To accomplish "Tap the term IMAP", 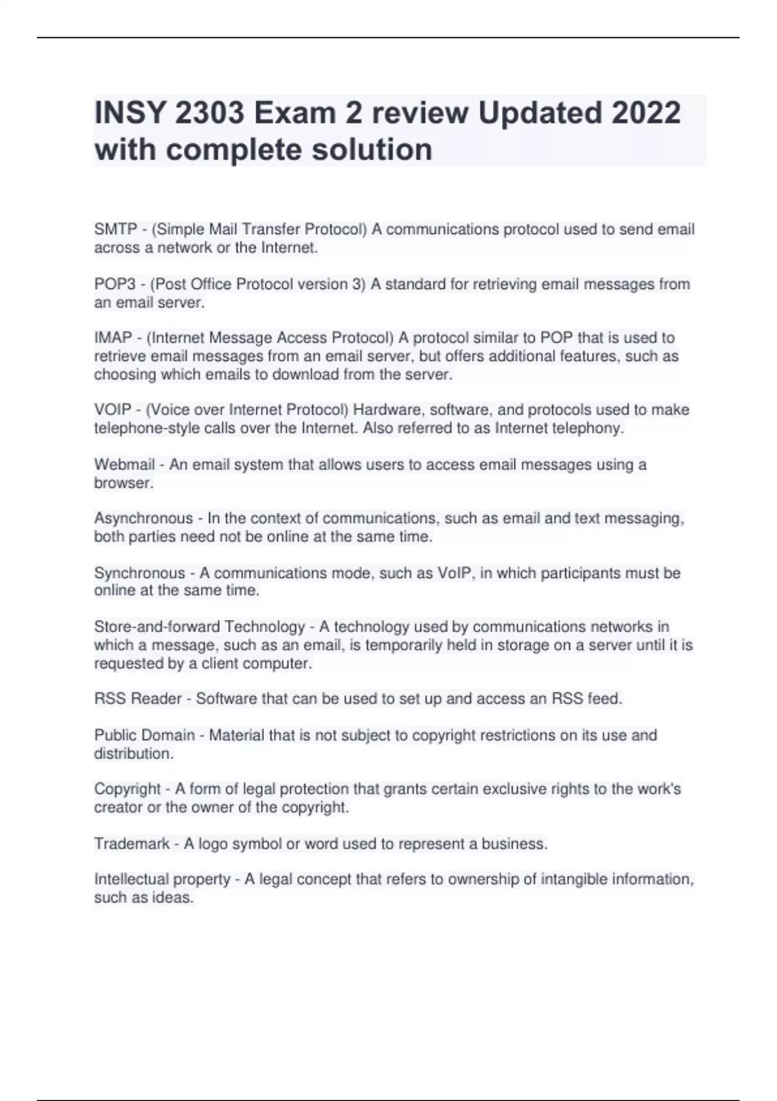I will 113,338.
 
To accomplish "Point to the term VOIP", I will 113,410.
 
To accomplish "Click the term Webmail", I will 124,465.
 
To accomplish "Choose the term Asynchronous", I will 143,519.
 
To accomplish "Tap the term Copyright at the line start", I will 127,789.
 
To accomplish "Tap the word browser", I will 123,483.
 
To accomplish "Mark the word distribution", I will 133,754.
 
